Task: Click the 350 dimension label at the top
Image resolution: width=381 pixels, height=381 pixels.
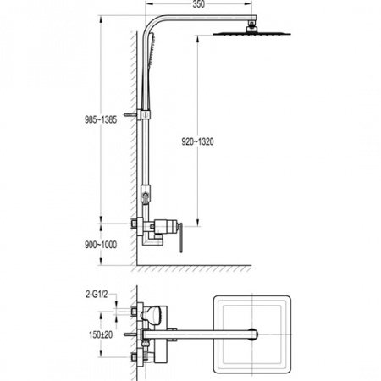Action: click(199, 4)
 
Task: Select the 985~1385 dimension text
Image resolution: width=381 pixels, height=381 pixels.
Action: click(101, 120)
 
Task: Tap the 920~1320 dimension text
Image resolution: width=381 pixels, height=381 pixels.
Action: click(197, 141)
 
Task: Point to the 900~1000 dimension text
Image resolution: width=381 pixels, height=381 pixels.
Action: click(101, 245)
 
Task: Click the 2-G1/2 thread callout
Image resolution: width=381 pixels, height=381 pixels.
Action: click(97, 295)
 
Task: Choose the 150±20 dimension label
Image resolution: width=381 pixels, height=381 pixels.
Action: click(101, 335)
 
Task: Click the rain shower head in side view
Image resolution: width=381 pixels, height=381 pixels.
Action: click(251, 34)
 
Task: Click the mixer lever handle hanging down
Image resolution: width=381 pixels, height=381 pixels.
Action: click(181, 238)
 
